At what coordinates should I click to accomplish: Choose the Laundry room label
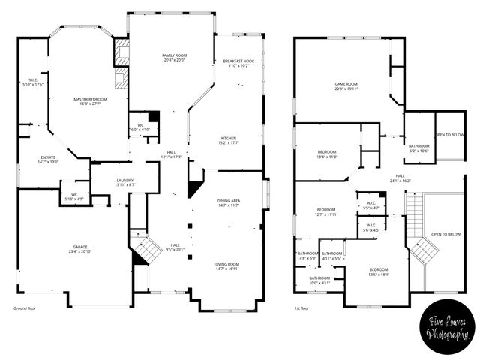pyautogui.click(x=124, y=182)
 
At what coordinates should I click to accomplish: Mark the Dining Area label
pyautogui.click(x=228, y=203)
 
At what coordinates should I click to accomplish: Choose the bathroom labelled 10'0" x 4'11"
pyautogui.click(x=319, y=280)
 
